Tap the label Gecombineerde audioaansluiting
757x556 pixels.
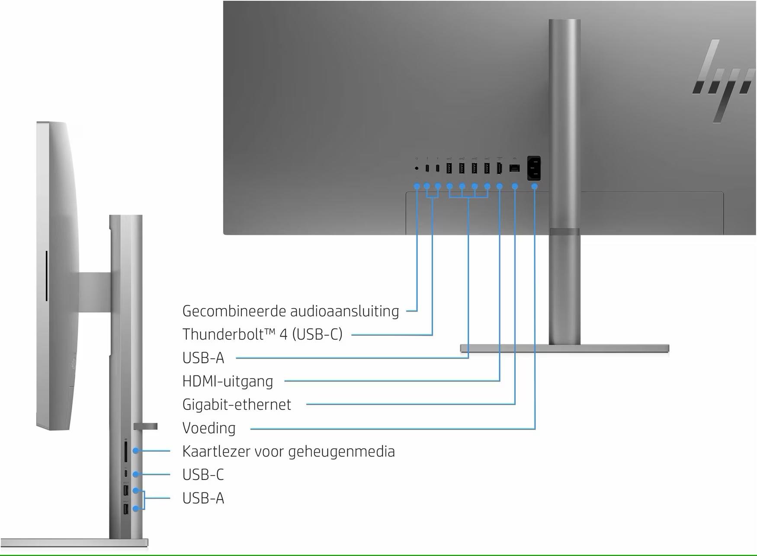pyautogui.click(x=291, y=311)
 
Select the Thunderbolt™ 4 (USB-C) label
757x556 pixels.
pyautogui.click(x=263, y=334)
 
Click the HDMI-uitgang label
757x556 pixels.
pyautogui.click(x=228, y=381)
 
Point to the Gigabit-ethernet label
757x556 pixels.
pyautogui.click(x=237, y=405)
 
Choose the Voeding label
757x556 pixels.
pyautogui.click(x=209, y=428)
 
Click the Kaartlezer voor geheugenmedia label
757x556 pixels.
pyautogui.click(x=289, y=451)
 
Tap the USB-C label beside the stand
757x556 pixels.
pyautogui.click(x=203, y=475)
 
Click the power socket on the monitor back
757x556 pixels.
pyautogui.click(x=534, y=168)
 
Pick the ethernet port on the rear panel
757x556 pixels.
pyautogui.click(x=514, y=168)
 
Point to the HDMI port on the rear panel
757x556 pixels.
pyautogui.click(x=499, y=168)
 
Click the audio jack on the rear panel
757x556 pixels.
pyautogui.click(x=417, y=168)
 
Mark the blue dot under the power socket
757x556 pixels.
pyautogui.click(x=535, y=186)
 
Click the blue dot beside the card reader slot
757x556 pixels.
pyautogui.click(x=136, y=451)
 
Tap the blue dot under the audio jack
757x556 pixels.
pyautogui.click(x=417, y=186)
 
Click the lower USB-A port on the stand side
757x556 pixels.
pyautogui.click(x=126, y=509)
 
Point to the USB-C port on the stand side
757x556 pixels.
pyautogui.click(x=126, y=474)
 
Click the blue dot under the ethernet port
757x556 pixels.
pyautogui.click(x=515, y=186)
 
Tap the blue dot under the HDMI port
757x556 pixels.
pyautogui.click(x=500, y=186)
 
